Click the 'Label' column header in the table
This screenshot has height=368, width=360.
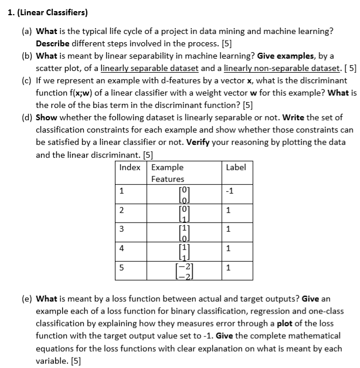236,167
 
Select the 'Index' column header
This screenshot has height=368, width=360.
130,167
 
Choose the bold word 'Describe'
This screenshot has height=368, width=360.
53,43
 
